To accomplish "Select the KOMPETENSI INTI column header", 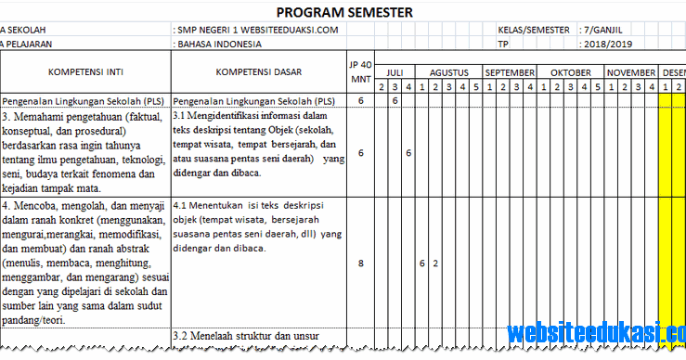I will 85,71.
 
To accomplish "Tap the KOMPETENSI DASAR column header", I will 257,71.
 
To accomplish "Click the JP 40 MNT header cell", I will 359,70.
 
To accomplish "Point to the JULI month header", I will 395,71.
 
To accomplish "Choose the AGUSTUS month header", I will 448,71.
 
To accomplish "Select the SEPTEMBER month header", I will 510,71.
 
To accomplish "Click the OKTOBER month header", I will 570,71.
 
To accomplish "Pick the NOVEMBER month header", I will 631,71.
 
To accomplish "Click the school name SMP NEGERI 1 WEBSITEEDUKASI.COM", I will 258,30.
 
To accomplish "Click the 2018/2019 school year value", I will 609,44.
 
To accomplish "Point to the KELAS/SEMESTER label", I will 535,30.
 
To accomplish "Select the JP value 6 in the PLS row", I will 360,99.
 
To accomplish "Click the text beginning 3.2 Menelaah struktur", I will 244,335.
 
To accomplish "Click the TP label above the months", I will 504,44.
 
